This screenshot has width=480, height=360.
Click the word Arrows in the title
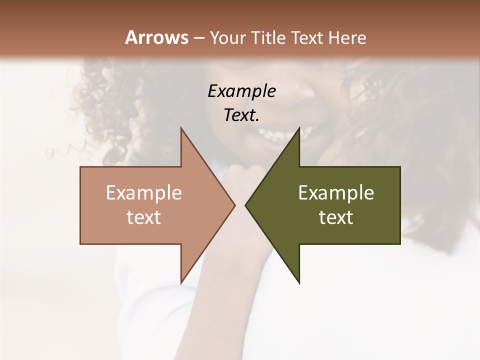156,37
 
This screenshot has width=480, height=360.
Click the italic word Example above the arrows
241,91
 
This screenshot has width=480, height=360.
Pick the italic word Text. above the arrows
241,115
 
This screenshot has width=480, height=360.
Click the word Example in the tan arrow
143,192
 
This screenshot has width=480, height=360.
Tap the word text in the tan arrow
143,217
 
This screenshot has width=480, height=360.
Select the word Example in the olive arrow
336,192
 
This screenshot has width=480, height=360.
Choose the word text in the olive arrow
336,217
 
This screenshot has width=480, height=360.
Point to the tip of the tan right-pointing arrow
234,205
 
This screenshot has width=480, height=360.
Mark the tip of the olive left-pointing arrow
246,205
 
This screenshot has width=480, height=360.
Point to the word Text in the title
308,38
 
